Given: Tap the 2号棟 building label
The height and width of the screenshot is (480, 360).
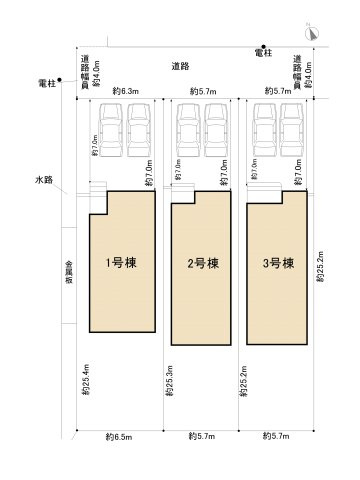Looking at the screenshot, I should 203,265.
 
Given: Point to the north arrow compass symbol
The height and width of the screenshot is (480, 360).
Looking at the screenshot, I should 313,33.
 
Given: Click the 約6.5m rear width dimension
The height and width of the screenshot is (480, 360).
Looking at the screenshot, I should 118,437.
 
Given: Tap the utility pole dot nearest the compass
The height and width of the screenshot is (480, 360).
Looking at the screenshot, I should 264,46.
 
